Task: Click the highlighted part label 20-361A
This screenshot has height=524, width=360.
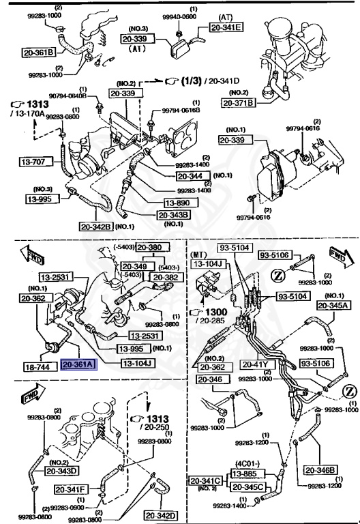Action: pyautogui.click(x=80, y=365)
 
